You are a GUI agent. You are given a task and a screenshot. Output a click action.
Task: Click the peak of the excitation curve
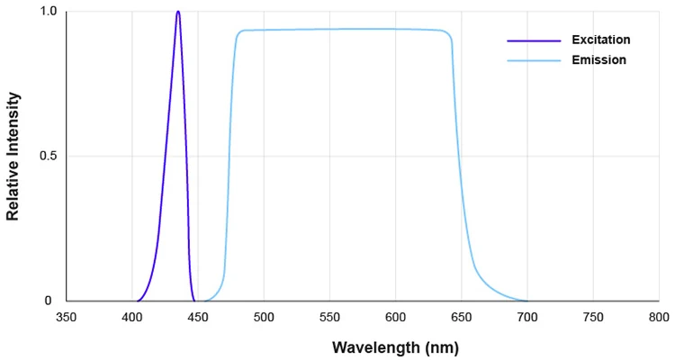178,13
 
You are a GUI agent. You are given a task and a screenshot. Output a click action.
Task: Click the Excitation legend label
599,40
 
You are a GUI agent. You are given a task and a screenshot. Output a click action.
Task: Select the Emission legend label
598,60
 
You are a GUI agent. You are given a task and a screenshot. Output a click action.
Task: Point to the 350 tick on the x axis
67,317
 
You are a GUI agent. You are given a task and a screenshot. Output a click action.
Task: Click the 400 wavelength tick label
132,317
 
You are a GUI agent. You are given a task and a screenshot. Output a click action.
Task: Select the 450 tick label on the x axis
198,317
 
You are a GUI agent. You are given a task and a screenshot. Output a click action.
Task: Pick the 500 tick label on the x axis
264,317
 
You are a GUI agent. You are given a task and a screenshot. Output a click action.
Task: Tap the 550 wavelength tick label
329,317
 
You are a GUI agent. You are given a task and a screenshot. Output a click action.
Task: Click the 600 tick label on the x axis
395,317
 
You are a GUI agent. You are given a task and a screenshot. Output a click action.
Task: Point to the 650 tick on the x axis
461,317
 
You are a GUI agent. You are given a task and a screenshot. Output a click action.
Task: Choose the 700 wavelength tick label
526,317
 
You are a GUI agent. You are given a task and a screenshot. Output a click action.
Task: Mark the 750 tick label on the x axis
592,317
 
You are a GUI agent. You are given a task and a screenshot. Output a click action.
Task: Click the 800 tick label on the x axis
658,317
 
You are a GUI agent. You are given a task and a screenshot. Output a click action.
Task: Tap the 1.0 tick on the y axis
48,13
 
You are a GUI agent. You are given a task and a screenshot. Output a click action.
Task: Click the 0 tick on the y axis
52,301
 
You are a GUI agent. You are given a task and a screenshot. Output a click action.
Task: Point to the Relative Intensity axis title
13,157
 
